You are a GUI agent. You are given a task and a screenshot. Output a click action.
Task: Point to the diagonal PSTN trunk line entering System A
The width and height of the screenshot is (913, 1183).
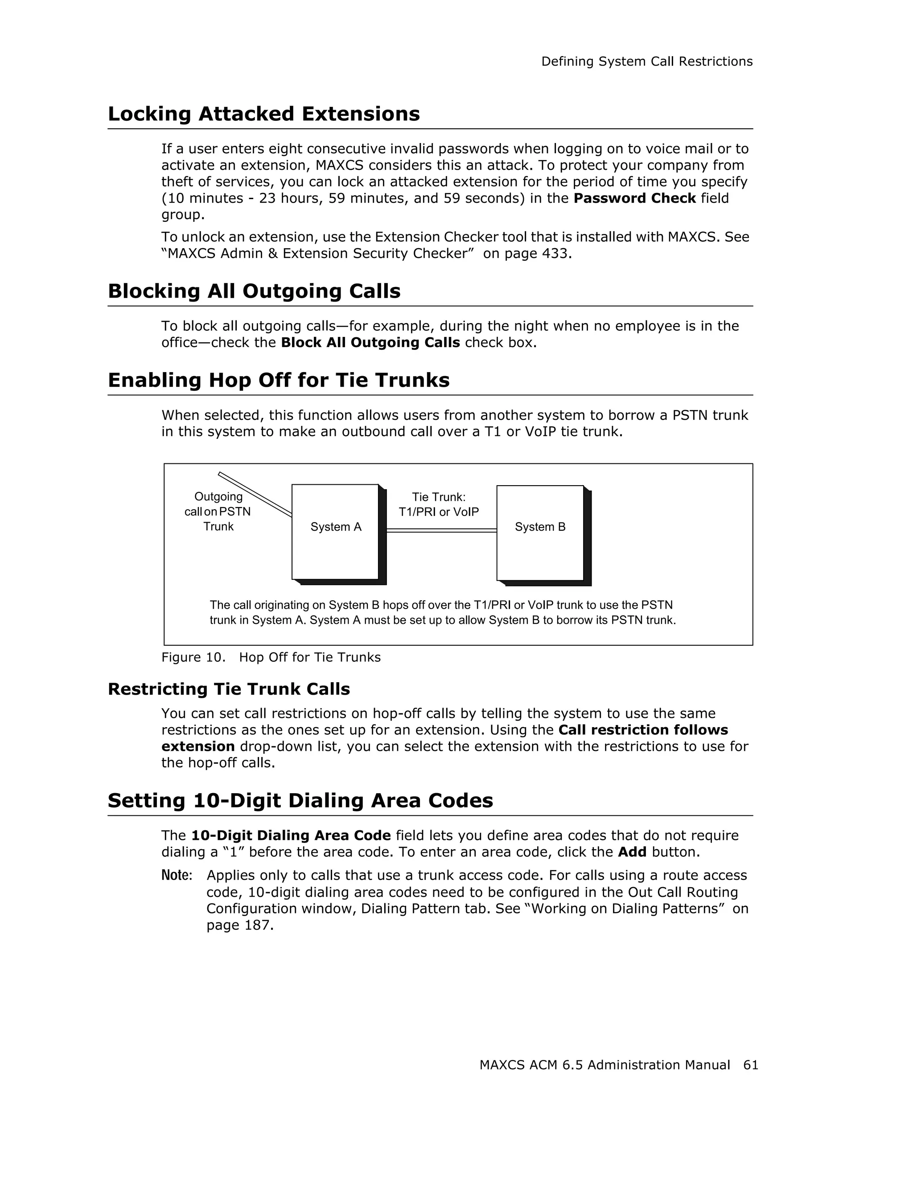tap(255, 494)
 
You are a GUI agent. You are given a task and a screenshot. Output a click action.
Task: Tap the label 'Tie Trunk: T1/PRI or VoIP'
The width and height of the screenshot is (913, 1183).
tap(438, 504)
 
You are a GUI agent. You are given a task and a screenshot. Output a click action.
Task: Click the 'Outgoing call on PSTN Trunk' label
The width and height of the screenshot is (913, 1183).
tap(218, 512)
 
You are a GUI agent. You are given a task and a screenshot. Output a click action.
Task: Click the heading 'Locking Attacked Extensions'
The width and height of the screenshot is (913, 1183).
tap(263, 115)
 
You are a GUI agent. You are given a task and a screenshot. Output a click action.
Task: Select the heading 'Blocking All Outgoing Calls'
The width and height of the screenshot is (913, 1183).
tap(254, 291)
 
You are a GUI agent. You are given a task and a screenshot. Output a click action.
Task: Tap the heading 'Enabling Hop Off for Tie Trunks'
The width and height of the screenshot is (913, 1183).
tap(279, 380)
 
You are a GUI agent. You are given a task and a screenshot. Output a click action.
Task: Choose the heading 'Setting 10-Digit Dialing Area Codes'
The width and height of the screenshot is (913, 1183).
tap(300, 801)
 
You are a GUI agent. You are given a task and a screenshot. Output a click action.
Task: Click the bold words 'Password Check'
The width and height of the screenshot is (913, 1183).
tap(634, 198)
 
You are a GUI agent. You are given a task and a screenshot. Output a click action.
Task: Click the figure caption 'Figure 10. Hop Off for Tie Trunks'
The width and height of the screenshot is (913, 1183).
tap(271, 657)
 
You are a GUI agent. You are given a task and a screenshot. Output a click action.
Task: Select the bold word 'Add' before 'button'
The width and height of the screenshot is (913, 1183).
tap(632, 852)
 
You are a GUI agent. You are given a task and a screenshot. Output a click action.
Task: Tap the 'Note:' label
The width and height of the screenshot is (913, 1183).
tap(177, 876)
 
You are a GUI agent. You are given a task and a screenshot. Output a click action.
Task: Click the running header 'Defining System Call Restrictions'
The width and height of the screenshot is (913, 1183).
tap(646, 62)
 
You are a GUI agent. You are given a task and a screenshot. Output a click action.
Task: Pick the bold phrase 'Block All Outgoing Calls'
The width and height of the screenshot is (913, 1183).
tap(370, 343)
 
